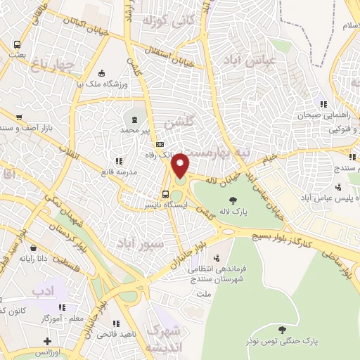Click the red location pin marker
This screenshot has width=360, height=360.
point(181,165)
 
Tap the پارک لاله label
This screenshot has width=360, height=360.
point(233,211)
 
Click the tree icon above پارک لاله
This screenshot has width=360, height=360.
point(233,200)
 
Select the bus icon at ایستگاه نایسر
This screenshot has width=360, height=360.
point(165,195)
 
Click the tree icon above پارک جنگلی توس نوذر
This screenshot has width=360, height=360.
point(282,329)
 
